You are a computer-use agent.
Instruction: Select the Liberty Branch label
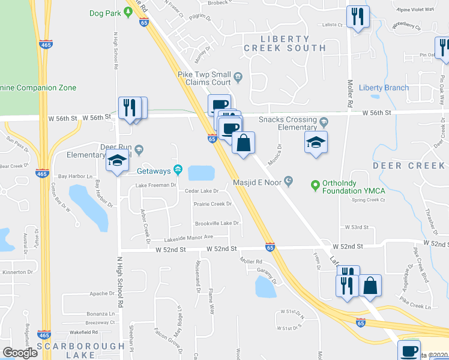pos(384,88)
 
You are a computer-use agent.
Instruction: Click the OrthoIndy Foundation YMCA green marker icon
pos(313,184)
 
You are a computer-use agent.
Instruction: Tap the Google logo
pos(20,352)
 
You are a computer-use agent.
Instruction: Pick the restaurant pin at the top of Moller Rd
pos(358,17)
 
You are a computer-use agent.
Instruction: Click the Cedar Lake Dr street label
pos(202,191)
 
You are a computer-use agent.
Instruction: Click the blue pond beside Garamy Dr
pos(265,288)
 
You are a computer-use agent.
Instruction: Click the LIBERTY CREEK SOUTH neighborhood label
pos(285,43)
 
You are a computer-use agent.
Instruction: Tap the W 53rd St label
pos(356,227)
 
